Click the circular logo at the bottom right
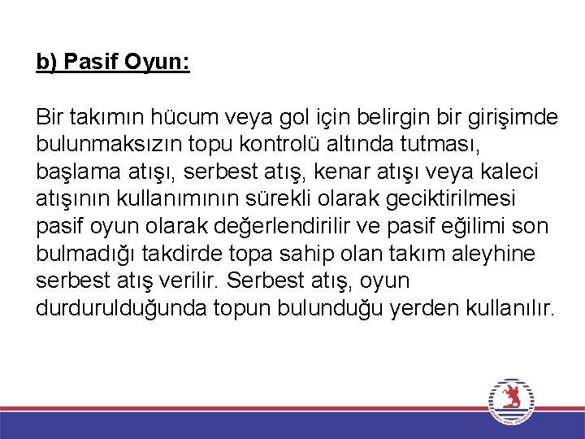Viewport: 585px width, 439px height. tap(510, 402)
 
